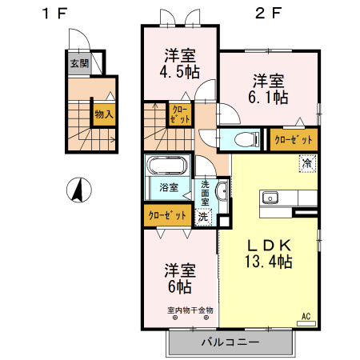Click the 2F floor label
269,13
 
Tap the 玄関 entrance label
78,63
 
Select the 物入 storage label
103,114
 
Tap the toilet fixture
246,139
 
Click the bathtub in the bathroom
167,167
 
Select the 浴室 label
168,189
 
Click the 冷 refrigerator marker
306,163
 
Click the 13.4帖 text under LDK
268,261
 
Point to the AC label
306,316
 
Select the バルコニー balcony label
230,342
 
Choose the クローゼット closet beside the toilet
294,139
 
